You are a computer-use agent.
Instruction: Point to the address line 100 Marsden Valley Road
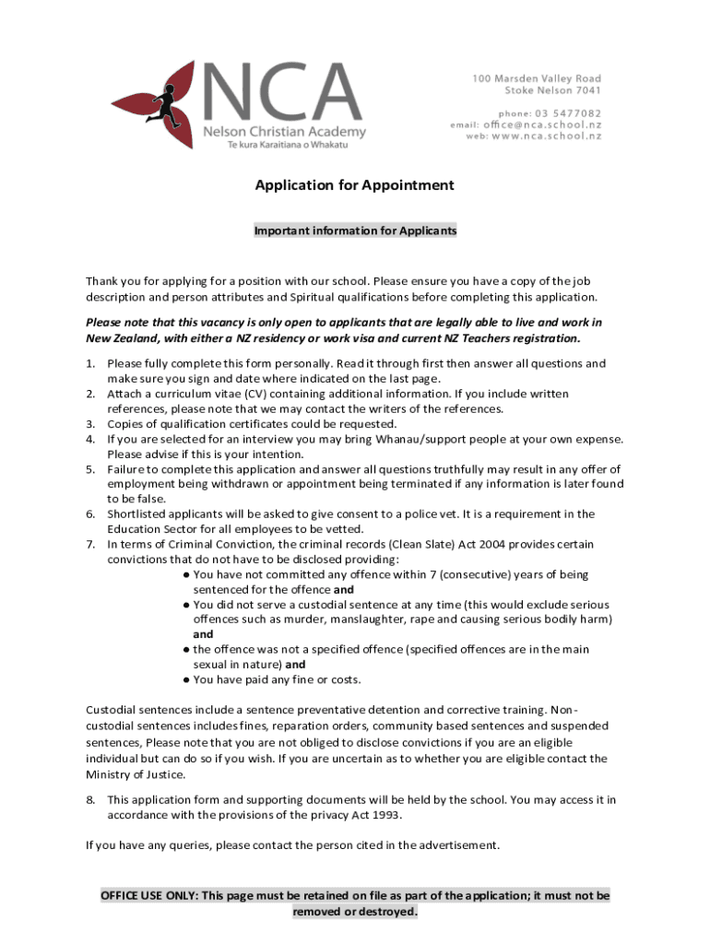click(537, 78)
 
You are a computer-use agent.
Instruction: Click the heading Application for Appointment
click(355, 185)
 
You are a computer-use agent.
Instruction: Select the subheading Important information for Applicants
click(355, 230)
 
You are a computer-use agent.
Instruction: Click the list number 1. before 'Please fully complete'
click(91, 364)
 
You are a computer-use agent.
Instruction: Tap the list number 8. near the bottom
click(91, 799)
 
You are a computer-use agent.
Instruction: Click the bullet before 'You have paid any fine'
click(186, 679)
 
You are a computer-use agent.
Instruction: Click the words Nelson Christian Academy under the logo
click(284, 132)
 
